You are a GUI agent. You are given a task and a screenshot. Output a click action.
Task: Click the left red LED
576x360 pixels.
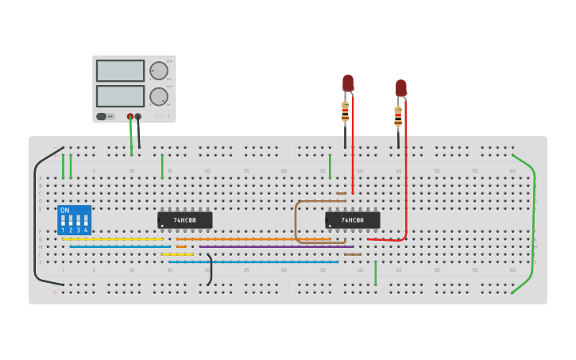[x=348, y=83]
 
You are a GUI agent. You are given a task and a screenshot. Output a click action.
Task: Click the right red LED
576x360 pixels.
[x=400, y=87]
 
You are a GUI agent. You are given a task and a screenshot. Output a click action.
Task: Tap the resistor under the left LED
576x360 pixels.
[x=345, y=112]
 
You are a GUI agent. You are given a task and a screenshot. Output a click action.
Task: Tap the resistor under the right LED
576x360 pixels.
[x=398, y=117]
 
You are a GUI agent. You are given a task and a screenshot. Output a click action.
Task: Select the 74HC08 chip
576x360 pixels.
[x=185, y=220]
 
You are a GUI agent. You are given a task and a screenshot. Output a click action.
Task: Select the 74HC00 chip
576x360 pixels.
[x=353, y=220]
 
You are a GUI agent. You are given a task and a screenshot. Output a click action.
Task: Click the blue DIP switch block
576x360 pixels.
[x=74, y=220]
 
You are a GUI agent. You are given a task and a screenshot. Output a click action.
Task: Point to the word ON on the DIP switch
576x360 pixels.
[x=65, y=211]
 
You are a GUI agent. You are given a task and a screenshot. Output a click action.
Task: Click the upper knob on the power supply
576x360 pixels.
[x=159, y=71]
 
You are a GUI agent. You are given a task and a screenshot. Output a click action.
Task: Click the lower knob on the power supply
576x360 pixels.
[x=159, y=97]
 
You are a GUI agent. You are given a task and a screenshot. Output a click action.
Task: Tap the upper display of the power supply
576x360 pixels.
[x=120, y=71]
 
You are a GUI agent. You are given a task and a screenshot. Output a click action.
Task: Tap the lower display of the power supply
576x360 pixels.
[x=120, y=96]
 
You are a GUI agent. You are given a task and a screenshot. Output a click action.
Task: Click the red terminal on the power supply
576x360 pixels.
[x=130, y=117]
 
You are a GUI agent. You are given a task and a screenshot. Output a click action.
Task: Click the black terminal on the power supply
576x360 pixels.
[x=138, y=117]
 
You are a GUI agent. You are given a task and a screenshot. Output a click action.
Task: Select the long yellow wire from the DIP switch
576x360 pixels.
[x=111, y=238]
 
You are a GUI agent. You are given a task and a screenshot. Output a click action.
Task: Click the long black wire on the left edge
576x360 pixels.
[x=35, y=215]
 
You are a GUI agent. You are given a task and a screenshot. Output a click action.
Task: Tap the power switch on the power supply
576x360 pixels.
[x=102, y=116]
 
